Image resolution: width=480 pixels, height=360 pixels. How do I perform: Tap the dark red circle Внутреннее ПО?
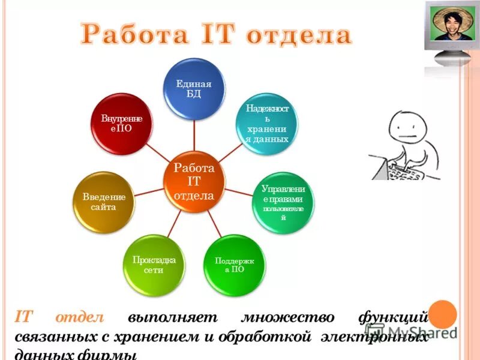[x=121, y=123]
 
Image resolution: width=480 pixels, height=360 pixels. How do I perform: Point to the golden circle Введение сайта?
[x=103, y=202]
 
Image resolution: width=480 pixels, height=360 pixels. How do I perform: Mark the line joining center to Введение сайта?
[x=147, y=191]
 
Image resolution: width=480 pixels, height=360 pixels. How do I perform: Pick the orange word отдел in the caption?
[x=80, y=317]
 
